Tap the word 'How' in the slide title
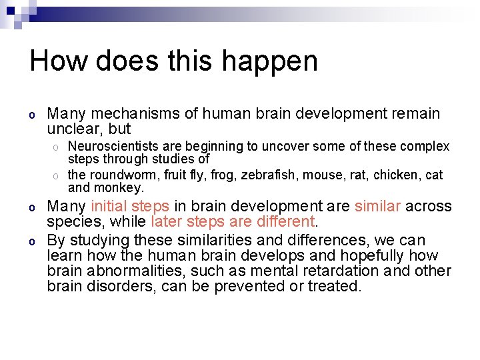click(x=59, y=61)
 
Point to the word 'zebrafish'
click(x=270, y=175)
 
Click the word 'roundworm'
click(x=121, y=175)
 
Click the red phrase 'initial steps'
click(x=130, y=207)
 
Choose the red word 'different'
click(x=285, y=222)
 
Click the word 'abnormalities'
click(x=126, y=271)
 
